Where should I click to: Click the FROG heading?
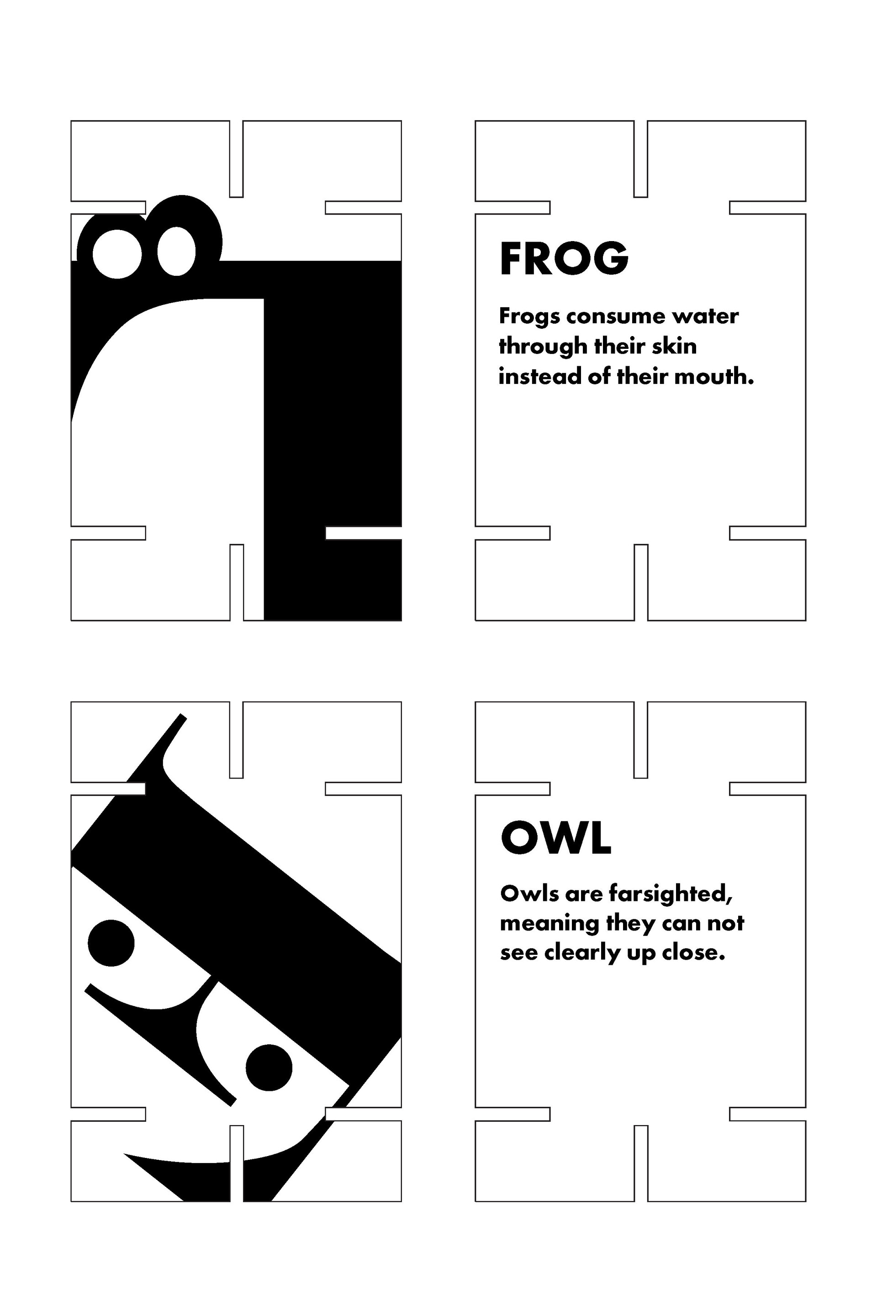pyautogui.click(x=564, y=258)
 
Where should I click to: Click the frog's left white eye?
pyautogui.click(x=117, y=254)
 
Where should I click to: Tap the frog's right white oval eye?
pyautogui.click(x=177, y=251)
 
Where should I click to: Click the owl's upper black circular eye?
pyautogui.click(x=111, y=942)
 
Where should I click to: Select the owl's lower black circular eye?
pyautogui.click(x=269, y=1068)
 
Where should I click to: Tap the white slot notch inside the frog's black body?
pyautogui.click(x=364, y=533)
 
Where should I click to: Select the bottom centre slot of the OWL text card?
pyautogui.click(x=641, y=1163)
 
